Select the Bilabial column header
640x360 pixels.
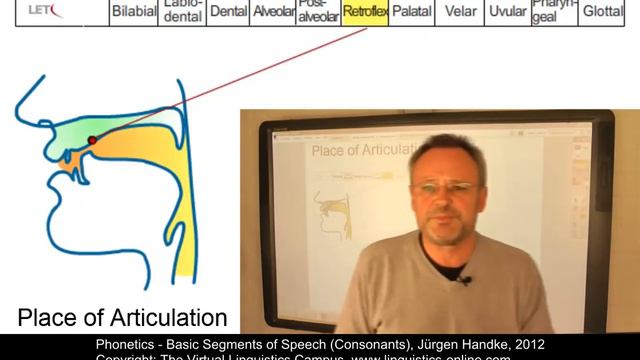133,14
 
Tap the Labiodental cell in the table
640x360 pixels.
182,12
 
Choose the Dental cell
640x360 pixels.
227,14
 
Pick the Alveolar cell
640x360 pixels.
273,14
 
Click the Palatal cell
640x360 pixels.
411,14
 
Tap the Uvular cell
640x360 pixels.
507,14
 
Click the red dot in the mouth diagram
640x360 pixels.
92,140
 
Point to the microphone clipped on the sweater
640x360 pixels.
463,279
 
